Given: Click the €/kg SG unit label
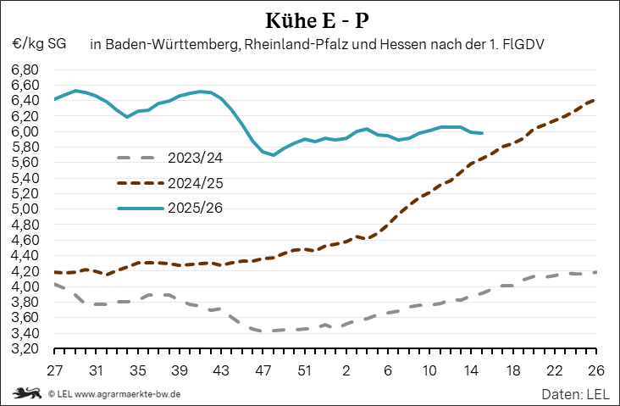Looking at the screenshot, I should pyautogui.click(x=39, y=42).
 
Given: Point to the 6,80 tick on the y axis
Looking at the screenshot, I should pyautogui.click(x=25, y=70).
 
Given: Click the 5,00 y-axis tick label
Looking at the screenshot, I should pyautogui.click(x=25, y=209).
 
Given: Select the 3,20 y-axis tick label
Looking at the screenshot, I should pyautogui.click(x=25, y=349).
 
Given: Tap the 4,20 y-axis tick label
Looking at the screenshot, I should pyautogui.click(x=25, y=271).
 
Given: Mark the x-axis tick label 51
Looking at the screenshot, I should pyautogui.click(x=304, y=370).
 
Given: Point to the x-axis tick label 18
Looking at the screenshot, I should pyautogui.click(x=512, y=370).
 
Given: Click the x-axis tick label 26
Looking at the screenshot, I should pyautogui.click(x=595, y=370).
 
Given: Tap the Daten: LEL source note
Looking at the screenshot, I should pyautogui.click(x=575, y=394).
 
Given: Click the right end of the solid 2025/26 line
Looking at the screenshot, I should pyautogui.click(x=482, y=133).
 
